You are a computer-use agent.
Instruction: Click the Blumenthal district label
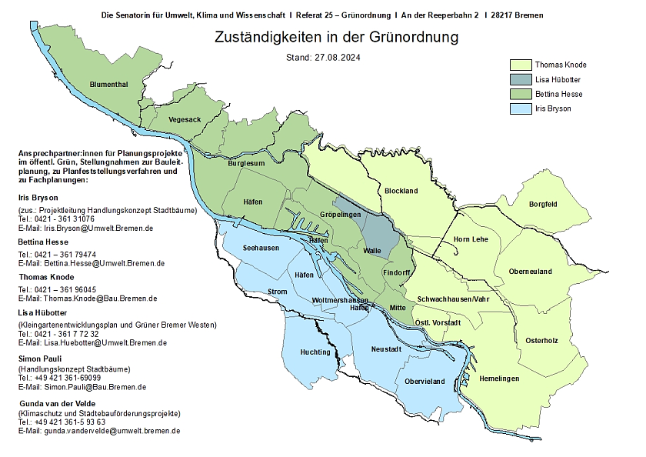coord(108,84)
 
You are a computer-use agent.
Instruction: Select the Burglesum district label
coord(246,163)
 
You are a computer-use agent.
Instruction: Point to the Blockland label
coord(401,191)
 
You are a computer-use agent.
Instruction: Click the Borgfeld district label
coord(543,204)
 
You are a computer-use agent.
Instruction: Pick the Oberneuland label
coord(531,271)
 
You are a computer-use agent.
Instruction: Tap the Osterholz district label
coord(541,340)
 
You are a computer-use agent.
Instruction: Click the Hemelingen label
coord(499,379)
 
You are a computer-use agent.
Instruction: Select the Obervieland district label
coord(425,381)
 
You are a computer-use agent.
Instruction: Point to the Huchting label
coord(315,352)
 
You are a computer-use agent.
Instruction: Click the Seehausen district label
coord(261,248)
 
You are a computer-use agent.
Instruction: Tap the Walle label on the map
coord(372,251)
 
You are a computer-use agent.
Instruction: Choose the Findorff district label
coord(396,272)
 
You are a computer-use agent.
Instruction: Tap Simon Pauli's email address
coord(82,387)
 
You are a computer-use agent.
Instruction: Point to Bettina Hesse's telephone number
coord(57,254)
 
